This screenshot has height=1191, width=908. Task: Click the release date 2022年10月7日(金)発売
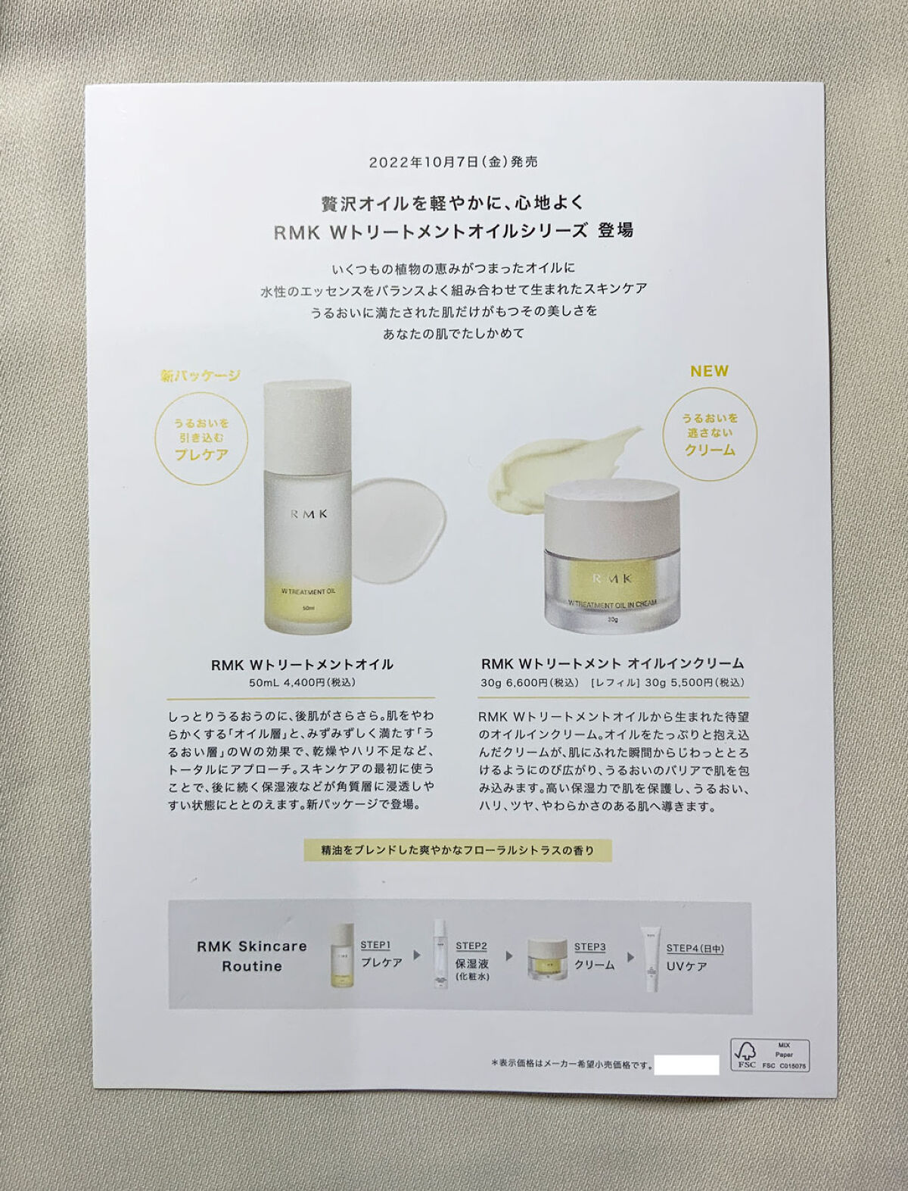tap(453, 162)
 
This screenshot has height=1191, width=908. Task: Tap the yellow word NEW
tap(709, 371)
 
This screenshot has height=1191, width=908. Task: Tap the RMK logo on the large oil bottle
tap(307, 513)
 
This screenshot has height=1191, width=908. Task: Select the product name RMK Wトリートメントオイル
tap(302, 665)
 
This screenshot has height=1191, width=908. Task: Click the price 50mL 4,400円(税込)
tap(302, 682)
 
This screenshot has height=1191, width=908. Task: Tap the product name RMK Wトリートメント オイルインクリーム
tap(612, 664)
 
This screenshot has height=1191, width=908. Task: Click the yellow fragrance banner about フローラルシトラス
tap(457, 850)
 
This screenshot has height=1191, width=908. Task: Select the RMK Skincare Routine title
tap(252, 956)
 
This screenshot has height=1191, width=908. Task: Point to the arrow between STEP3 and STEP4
tap(630, 956)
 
